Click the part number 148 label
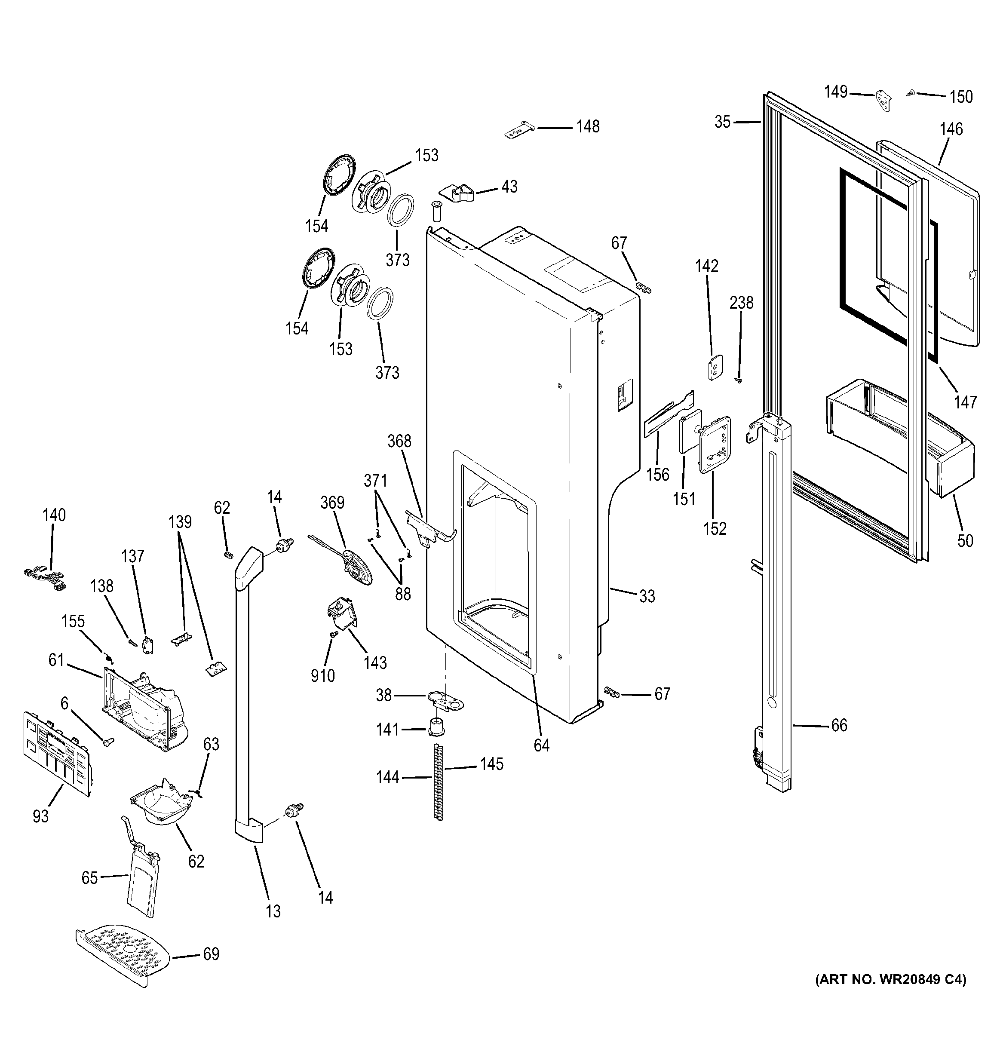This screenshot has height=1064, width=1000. [587, 127]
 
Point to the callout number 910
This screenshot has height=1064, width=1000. [322, 675]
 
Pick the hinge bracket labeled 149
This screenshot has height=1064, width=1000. [884, 101]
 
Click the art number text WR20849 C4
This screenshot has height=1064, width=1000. [890, 994]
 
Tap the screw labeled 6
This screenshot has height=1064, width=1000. [109, 742]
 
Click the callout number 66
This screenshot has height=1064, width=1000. [838, 725]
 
